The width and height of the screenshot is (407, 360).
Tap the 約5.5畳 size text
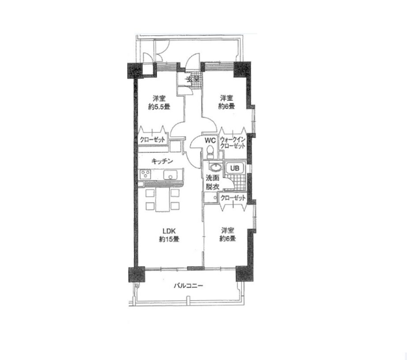coord(159,107)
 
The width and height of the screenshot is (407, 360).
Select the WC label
coord(210,140)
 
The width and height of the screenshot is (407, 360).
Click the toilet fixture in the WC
coord(210,151)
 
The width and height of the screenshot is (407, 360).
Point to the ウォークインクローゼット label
coord(233,143)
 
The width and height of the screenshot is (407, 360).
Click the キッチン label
coord(162,161)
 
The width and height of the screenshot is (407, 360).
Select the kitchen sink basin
coord(170,175)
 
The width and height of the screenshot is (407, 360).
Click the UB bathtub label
coord(235,168)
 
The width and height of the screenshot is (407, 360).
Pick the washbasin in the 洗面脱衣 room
coord(216,167)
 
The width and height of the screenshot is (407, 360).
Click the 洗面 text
coord(213,178)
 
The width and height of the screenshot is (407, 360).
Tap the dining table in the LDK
coord(163,199)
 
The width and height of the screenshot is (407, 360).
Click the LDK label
coord(169,231)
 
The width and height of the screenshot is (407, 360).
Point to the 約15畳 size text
coord(169,239)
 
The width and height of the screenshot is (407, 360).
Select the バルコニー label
coord(188,286)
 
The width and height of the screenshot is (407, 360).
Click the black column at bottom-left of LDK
coord(137,275)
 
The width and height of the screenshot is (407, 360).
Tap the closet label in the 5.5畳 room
coord(152,140)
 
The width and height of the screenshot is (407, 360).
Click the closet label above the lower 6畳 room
coord(233,198)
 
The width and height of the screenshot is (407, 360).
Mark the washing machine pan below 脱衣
coord(211,197)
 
